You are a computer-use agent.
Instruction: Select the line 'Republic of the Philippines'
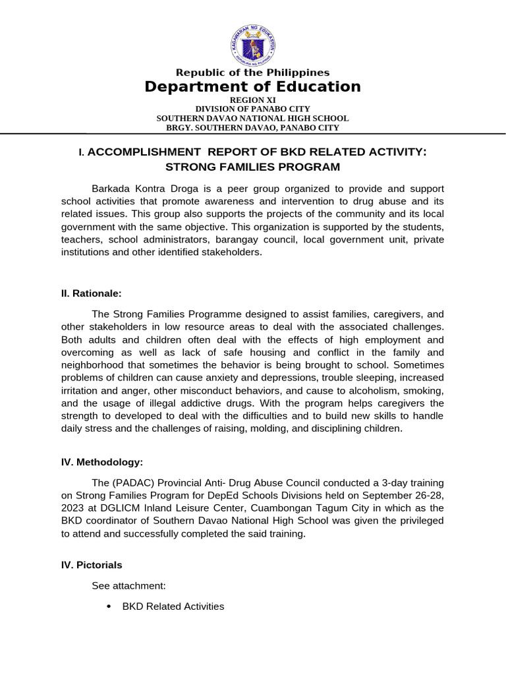point(252,73)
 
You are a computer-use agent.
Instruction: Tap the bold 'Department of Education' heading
point(253,87)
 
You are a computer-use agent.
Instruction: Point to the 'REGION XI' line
point(252,100)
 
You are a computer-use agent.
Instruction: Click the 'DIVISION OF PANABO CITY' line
point(252,109)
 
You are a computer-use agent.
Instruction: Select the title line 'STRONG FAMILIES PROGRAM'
point(252,167)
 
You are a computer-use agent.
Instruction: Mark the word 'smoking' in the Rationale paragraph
point(424,390)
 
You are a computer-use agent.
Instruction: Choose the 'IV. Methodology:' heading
point(102,463)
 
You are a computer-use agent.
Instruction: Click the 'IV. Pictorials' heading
point(92,565)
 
